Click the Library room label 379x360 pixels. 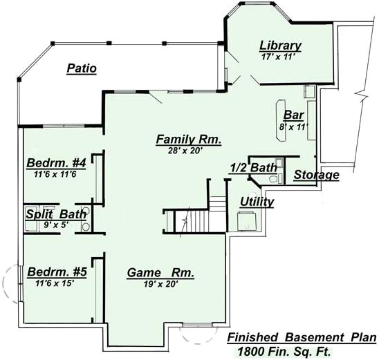[280, 46]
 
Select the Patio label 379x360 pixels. [82, 68]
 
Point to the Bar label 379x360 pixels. [294, 115]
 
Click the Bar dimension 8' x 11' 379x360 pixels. [294, 126]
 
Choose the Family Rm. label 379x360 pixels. [188, 139]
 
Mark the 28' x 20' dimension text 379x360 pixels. [188, 150]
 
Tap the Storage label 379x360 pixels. [316, 175]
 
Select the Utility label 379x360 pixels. [257, 202]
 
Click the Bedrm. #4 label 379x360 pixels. [56, 163]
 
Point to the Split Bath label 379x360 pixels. [56, 214]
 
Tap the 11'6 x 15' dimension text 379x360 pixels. [51, 282]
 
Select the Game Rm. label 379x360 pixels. [160, 273]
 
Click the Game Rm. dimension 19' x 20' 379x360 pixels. [160, 284]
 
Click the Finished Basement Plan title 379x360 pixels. [302, 338]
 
